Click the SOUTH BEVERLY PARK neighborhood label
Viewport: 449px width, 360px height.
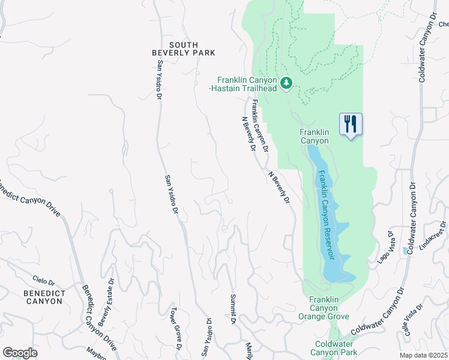pos(183,49)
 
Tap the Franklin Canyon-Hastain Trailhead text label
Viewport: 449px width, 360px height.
pos(247,84)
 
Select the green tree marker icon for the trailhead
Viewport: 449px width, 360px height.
pos(286,82)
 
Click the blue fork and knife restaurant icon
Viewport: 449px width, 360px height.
pos(349,124)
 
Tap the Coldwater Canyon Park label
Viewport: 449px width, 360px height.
pos(336,348)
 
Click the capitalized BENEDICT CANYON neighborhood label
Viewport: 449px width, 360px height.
pos(43,297)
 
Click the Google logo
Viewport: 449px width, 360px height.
pos(20,353)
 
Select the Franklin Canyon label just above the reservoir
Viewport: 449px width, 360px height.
pos(314,136)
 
